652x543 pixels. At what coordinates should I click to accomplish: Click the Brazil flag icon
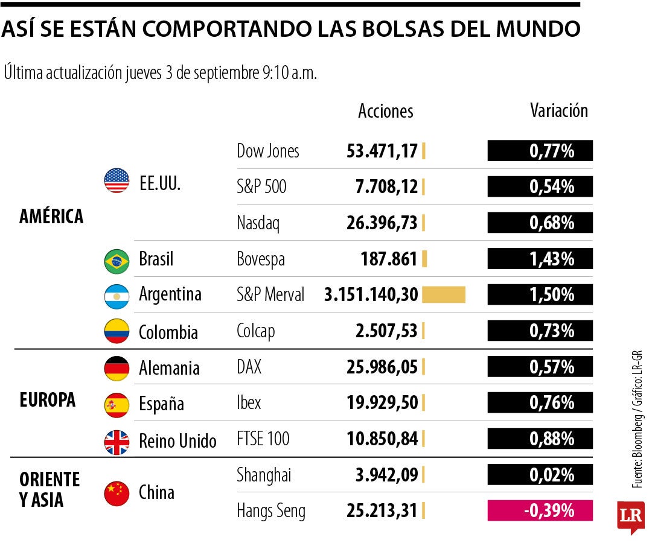(117, 261)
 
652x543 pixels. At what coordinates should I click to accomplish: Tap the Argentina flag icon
(117, 297)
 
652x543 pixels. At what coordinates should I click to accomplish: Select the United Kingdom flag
(117, 442)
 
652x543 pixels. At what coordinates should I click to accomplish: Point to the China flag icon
(117, 494)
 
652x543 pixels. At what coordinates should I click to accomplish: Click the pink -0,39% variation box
(540, 510)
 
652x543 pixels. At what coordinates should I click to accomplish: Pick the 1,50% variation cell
(540, 294)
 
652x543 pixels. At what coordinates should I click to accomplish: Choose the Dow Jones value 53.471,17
(382, 151)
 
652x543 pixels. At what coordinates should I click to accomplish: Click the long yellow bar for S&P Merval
(444, 294)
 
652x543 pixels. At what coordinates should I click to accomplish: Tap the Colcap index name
(256, 332)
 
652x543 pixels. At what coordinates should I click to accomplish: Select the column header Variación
(559, 110)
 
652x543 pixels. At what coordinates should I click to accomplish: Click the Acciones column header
(385, 111)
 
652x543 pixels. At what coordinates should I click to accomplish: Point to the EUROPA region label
(48, 399)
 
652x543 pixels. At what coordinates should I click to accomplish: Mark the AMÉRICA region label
(51, 216)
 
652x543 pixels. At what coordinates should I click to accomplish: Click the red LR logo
(631, 517)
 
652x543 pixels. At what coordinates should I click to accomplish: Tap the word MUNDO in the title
(538, 29)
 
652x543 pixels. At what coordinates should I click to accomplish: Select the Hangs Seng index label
(270, 511)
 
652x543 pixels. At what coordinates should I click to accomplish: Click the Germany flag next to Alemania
(117, 369)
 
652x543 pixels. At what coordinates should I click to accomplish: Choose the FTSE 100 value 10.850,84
(382, 439)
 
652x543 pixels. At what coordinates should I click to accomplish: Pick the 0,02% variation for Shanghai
(540, 475)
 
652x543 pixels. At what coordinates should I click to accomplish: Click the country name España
(161, 404)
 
